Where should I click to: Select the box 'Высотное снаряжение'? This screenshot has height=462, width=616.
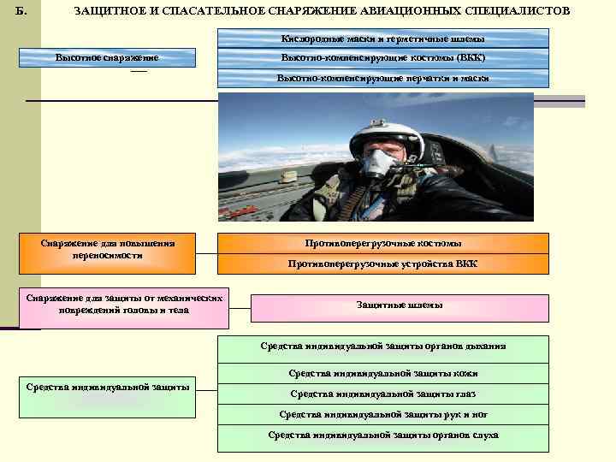click(x=107, y=58)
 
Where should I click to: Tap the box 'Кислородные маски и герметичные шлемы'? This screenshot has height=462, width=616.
click(x=382, y=39)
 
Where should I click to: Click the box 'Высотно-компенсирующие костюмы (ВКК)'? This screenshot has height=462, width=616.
click(x=382, y=58)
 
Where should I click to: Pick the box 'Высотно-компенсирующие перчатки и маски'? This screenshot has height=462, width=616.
click(x=382, y=78)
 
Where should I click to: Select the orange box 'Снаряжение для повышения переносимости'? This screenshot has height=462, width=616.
click(x=107, y=249)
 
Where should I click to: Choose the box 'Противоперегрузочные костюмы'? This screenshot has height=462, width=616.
click(x=382, y=243)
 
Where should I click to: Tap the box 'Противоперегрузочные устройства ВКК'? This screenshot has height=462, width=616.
click(x=382, y=264)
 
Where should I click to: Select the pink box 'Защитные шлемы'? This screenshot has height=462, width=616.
click(x=400, y=306)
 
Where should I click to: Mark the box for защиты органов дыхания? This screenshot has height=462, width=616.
click(x=382, y=346)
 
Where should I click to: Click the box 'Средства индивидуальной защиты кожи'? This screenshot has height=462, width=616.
click(x=382, y=373)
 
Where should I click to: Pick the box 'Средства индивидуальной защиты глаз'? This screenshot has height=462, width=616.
click(x=382, y=394)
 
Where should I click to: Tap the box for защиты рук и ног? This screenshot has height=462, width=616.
click(x=382, y=414)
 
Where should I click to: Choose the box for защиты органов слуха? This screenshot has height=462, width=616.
click(x=382, y=435)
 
